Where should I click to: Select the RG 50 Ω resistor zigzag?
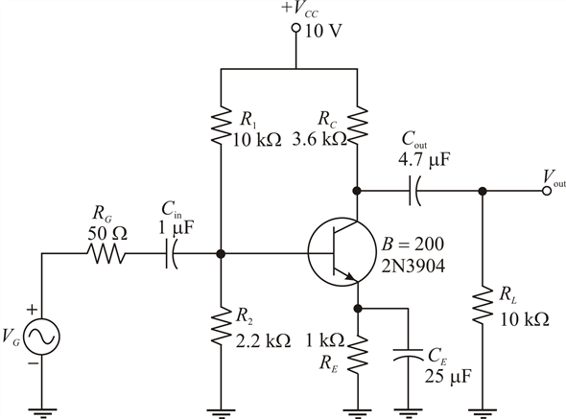click(x=106, y=253)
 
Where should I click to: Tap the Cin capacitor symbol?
click(x=171, y=253)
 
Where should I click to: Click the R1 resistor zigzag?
click(x=221, y=125)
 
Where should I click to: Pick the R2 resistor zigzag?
click(x=221, y=326)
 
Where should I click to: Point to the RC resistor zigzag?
click(x=358, y=125)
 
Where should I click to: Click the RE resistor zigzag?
click(x=358, y=355)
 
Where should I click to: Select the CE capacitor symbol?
click(x=408, y=354)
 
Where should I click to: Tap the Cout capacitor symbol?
click(x=414, y=191)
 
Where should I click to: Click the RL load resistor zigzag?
click(x=483, y=305)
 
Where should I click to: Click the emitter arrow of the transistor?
click(x=349, y=276)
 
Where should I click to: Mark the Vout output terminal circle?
click(x=547, y=191)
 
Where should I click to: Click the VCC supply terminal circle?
click(x=296, y=28)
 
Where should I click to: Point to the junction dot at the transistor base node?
click(x=221, y=254)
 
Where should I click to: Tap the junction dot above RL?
click(x=483, y=191)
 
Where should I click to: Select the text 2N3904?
click(x=413, y=267)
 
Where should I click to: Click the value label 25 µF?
click(x=448, y=377)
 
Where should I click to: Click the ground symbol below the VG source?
click(x=42, y=413)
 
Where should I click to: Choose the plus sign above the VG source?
click(x=32, y=310)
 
